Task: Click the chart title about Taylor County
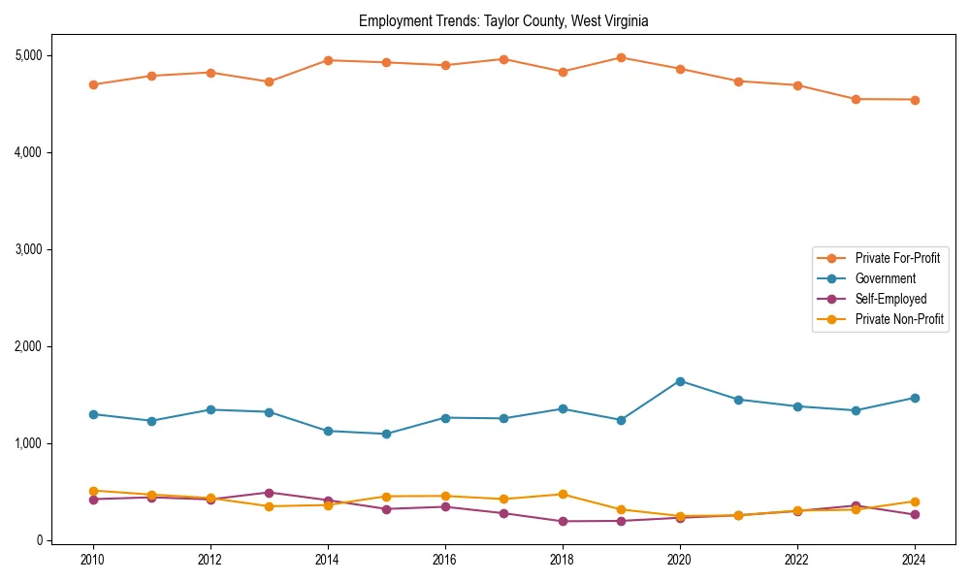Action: point(503,20)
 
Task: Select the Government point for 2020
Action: point(680,381)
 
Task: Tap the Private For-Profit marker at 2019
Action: point(621,57)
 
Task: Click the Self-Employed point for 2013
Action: point(269,493)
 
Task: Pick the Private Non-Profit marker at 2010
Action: point(93,491)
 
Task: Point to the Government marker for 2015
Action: point(386,434)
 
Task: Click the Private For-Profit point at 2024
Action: point(915,100)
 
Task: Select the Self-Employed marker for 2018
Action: point(563,521)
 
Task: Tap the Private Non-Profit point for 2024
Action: point(915,501)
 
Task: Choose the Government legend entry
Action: point(885,278)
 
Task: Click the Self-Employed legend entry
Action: point(890,299)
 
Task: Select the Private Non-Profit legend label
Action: point(899,319)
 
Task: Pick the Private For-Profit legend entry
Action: point(897,258)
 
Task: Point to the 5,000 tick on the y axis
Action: point(28,55)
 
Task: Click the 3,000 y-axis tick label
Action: point(28,249)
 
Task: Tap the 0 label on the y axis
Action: point(40,540)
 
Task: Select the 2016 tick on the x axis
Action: point(445,560)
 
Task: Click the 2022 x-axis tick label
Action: point(797,560)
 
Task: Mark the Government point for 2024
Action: point(915,398)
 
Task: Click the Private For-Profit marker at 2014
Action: point(328,60)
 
